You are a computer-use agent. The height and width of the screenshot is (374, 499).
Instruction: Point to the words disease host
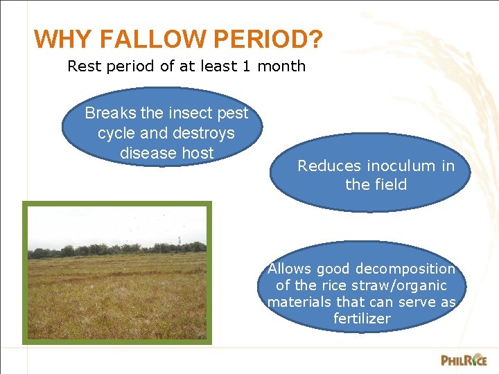166,153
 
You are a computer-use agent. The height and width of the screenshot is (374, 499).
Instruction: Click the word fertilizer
362,319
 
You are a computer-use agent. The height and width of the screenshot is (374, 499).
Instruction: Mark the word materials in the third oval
299,302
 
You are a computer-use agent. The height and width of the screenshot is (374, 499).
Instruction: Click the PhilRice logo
464,359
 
